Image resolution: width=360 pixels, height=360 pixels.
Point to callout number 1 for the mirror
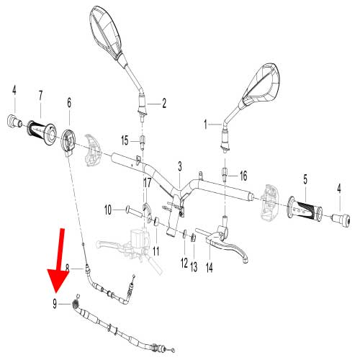[x=207, y=124]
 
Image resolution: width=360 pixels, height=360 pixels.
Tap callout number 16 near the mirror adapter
[x=243, y=176]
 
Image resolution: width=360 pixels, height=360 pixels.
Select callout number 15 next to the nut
[x=125, y=140]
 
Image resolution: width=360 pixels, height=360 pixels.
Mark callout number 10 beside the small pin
[x=108, y=210]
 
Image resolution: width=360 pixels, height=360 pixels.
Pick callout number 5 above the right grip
[x=305, y=178]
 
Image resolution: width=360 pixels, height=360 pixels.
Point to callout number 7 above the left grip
[x=40, y=95]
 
